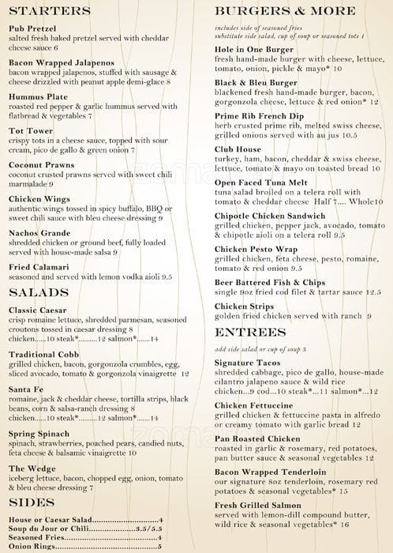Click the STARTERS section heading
coord(50,11)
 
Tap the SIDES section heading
coord(32,502)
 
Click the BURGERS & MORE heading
coord(285,11)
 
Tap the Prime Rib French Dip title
coord(266,115)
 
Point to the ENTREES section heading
coord(249,332)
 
